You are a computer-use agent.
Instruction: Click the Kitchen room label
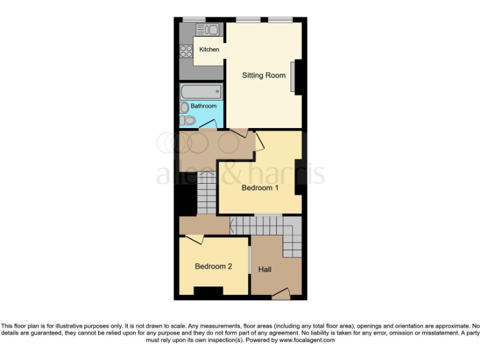(209, 49)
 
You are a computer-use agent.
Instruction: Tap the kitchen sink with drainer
(206, 29)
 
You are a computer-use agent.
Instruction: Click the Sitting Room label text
(264, 76)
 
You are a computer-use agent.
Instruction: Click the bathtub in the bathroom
(201, 92)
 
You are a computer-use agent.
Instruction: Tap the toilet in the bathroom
(189, 120)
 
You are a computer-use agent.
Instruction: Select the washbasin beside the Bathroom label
(184, 107)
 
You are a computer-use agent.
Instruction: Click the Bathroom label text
(204, 106)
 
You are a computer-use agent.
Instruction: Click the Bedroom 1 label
(260, 188)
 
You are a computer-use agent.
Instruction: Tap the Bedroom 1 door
(258, 141)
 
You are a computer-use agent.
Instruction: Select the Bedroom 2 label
(214, 266)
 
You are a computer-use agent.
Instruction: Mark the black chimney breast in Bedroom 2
(208, 291)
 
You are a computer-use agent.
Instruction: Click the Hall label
(265, 269)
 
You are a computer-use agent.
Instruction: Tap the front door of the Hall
(281, 294)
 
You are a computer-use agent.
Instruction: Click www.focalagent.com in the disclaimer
(306, 341)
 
